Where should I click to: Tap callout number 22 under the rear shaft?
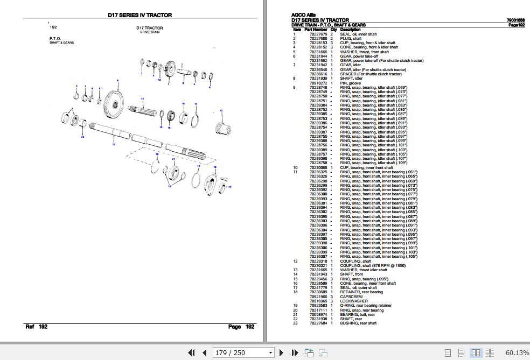click(x=114, y=144)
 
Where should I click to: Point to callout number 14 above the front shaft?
click(x=142, y=99)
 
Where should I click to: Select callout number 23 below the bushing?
click(x=82, y=137)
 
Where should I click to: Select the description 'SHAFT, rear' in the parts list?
click(x=351, y=319)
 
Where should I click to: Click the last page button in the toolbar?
click(x=295, y=353)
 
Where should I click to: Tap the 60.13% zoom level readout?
click(x=517, y=353)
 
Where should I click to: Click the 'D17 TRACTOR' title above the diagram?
click(x=150, y=28)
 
